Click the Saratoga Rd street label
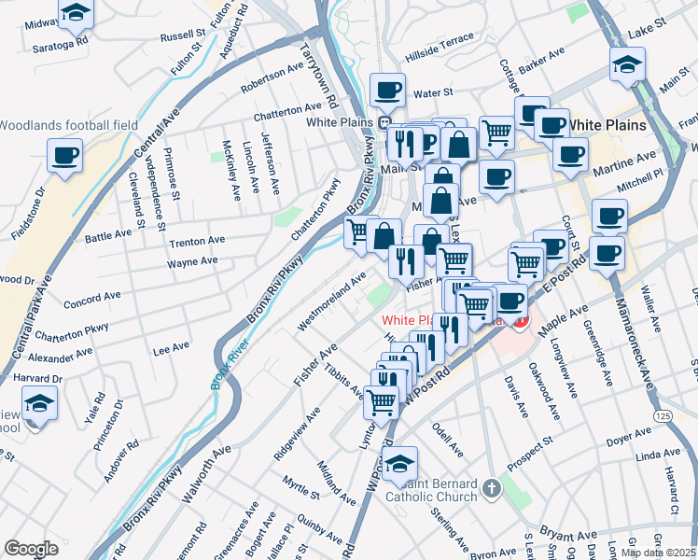[60, 43]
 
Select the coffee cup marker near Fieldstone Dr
[65, 156]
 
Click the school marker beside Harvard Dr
[40, 404]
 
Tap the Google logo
[31, 549]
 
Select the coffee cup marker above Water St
[387, 91]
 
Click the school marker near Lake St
[628, 64]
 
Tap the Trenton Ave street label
[194, 243]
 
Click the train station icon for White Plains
[384, 122]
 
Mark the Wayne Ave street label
[192, 262]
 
